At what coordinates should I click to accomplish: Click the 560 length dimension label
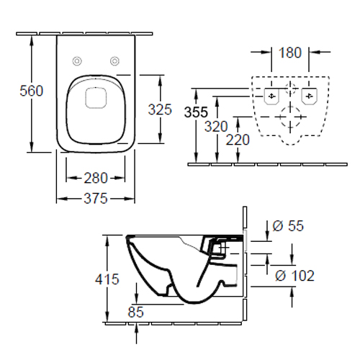(x=32, y=91)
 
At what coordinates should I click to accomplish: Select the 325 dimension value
(x=160, y=109)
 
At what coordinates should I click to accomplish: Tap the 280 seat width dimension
(x=96, y=178)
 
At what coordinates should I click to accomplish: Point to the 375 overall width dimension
(x=96, y=199)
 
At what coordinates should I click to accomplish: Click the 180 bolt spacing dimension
(x=290, y=53)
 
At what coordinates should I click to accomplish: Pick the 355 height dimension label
(x=196, y=112)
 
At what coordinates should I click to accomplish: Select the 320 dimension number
(x=216, y=127)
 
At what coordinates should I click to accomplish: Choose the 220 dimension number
(x=238, y=140)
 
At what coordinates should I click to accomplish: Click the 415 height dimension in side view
(x=107, y=279)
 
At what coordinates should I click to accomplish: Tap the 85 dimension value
(x=135, y=312)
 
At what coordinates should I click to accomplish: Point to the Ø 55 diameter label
(x=288, y=225)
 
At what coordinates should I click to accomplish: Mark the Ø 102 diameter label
(x=294, y=276)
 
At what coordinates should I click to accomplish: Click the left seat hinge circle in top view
(x=77, y=61)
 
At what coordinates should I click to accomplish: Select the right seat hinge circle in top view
(x=114, y=61)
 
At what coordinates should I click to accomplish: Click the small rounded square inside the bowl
(x=96, y=97)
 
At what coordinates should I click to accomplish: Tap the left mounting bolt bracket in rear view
(x=271, y=96)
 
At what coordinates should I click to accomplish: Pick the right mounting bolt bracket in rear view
(x=309, y=96)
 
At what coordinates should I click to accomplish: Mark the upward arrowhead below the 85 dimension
(x=136, y=328)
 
